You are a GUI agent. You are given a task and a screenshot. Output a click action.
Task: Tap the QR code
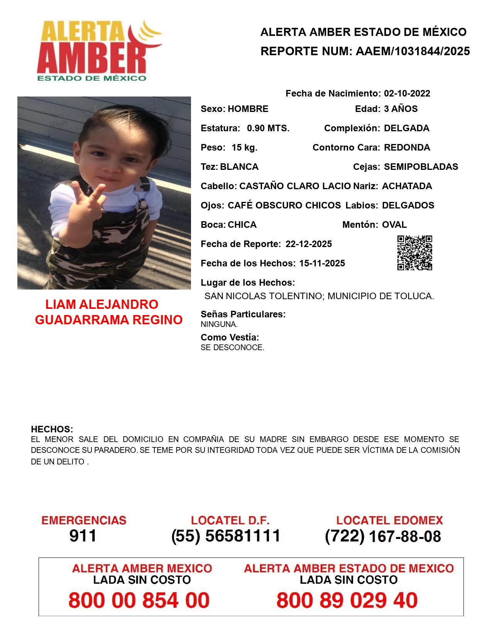415,253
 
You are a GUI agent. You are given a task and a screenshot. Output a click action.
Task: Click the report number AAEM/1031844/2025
413,51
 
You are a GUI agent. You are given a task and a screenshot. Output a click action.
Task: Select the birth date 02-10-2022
407,93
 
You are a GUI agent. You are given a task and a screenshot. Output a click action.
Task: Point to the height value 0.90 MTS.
268,128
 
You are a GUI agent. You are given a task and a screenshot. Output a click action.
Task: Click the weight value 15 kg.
244,147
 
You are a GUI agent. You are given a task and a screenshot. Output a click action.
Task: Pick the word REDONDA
407,147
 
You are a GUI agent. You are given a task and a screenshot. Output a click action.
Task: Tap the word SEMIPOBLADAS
421,167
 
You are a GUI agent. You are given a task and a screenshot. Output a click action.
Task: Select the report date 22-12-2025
308,244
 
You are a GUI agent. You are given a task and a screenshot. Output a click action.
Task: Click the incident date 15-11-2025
322,263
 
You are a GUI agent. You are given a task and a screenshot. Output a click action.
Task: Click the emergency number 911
83,536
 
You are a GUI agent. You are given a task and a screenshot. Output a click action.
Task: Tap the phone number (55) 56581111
226,536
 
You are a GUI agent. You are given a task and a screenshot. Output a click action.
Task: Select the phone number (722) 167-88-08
383,536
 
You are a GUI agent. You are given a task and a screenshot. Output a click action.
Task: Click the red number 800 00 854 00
139,600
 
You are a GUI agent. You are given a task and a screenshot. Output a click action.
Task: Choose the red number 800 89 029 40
347,600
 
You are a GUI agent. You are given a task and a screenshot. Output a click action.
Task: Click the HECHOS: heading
52,429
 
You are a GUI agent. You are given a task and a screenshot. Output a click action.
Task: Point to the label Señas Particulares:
243,314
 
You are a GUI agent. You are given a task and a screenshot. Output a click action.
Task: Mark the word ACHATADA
407,186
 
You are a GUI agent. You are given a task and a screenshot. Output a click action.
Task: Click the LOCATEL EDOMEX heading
389,520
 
